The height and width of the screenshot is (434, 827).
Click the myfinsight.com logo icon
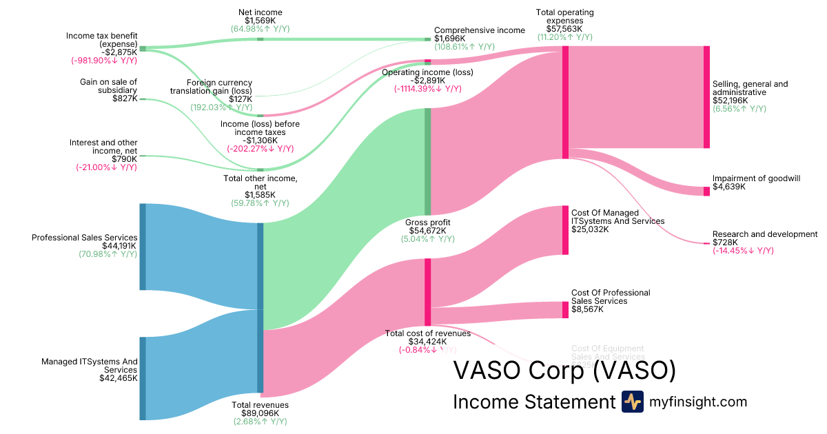click(x=633, y=402)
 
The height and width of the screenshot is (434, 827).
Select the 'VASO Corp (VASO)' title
click(x=564, y=371)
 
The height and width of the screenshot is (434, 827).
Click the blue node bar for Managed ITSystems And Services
click(x=143, y=378)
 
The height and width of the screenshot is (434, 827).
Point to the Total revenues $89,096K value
click(x=260, y=413)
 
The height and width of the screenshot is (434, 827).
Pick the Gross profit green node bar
click(x=427, y=161)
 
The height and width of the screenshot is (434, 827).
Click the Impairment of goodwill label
click(x=756, y=178)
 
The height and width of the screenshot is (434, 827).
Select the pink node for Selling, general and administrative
click(x=706, y=97)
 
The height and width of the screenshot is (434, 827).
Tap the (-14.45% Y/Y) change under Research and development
click(x=743, y=251)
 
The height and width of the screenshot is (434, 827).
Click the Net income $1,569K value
click(x=260, y=21)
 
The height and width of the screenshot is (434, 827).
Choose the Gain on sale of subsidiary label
click(x=109, y=86)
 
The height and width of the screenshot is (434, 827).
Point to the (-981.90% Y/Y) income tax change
click(x=104, y=61)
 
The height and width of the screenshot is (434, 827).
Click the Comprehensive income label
click(x=480, y=30)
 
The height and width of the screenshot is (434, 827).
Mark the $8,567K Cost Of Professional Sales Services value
click(x=587, y=309)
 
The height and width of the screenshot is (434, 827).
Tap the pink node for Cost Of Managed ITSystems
click(x=565, y=230)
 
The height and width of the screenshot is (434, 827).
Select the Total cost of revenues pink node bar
click(x=427, y=292)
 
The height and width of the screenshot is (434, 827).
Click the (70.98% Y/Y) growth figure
click(x=108, y=254)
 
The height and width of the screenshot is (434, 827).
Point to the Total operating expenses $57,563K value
click(x=564, y=29)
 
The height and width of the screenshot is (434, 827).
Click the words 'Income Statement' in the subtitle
click(x=533, y=402)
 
